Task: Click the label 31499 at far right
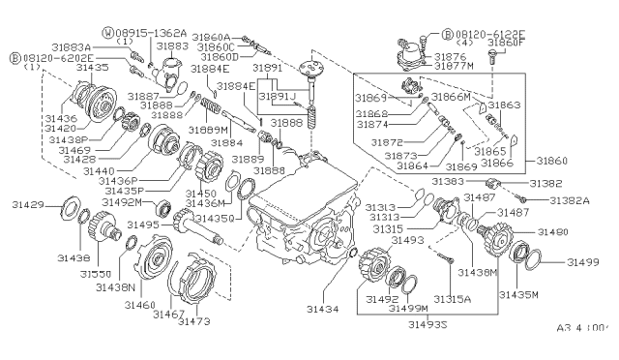pyautogui.click(x=586, y=261)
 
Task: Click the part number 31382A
pyautogui.click(x=570, y=199)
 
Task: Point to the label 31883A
pyautogui.click(x=98, y=46)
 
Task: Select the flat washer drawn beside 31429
pyautogui.click(x=73, y=206)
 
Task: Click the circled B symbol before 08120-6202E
pyautogui.click(x=14, y=58)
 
